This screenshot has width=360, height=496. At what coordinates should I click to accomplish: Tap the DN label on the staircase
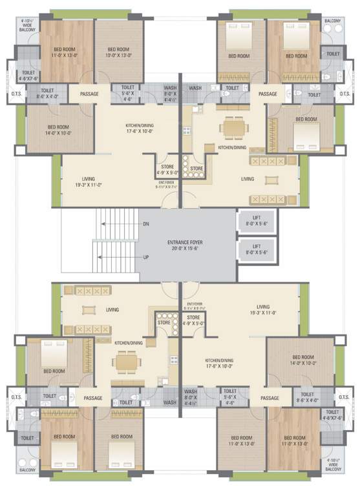pyautogui.click(x=146, y=225)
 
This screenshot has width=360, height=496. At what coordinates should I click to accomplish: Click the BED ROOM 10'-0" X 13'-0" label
pyautogui.click(x=120, y=52)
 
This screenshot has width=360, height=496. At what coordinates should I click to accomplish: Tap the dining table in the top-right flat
pyautogui.click(x=233, y=127)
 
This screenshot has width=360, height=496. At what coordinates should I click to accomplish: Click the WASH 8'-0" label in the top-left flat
pyautogui.click(x=171, y=93)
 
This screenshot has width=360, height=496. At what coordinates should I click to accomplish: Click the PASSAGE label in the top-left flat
pyautogui.click(x=90, y=94)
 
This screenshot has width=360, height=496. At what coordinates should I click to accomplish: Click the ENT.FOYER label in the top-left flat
pyautogui.click(x=166, y=185)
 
